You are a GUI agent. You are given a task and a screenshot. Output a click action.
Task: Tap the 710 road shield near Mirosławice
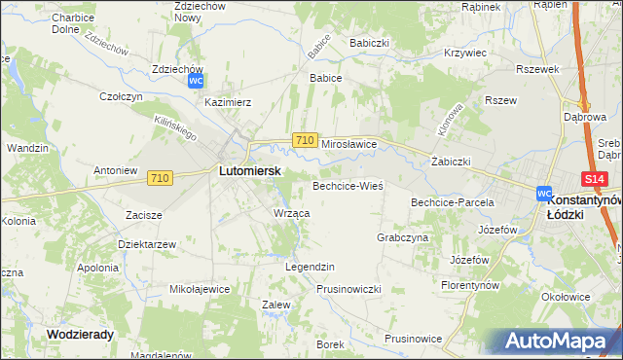[x=304, y=141]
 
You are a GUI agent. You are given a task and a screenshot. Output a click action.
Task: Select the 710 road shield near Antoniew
[x=161, y=178]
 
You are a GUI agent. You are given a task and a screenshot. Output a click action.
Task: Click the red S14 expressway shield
[x=595, y=179]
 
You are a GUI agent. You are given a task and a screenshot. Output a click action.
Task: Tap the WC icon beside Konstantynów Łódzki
[x=544, y=194]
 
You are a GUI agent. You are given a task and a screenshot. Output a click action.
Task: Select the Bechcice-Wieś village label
[x=348, y=185]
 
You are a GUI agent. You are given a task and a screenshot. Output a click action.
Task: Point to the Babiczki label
[x=370, y=44]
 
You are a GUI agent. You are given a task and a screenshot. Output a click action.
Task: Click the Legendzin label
[x=310, y=266]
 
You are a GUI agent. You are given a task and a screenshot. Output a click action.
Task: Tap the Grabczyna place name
[x=402, y=236]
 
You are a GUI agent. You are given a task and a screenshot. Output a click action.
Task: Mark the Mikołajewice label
[x=200, y=289]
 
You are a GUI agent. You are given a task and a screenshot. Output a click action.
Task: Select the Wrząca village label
[x=292, y=212]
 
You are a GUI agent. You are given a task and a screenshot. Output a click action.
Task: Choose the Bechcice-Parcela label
[x=453, y=202]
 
